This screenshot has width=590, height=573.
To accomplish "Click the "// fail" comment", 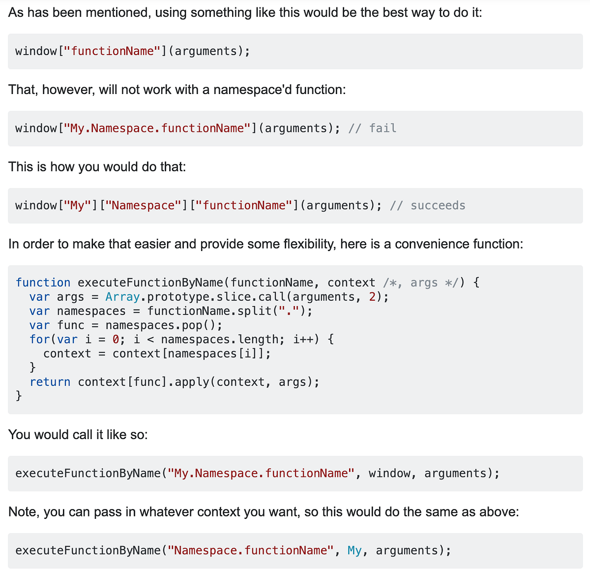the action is (x=372, y=128).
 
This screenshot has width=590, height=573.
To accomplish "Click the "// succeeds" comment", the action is (x=428, y=205).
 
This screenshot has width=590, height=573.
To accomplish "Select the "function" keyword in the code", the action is (x=43, y=283).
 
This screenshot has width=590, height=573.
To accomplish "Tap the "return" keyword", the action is (x=50, y=382).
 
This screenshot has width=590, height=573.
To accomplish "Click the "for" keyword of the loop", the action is (x=39, y=339).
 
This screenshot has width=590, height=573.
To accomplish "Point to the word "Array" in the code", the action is (x=122, y=297).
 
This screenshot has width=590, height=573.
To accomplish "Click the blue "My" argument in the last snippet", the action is (x=354, y=550).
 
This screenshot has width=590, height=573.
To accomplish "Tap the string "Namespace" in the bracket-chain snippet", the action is (x=144, y=205).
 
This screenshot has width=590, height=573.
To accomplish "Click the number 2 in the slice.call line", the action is (x=372, y=297).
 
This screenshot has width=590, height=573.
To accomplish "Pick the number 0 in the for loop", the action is (x=116, y=339).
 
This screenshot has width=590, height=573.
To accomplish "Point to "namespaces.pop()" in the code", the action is (x=164, y=325).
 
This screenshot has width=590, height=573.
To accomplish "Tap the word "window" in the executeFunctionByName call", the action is (x=389, y=473).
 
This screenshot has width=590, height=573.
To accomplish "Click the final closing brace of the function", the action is (x=19, y=396).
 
